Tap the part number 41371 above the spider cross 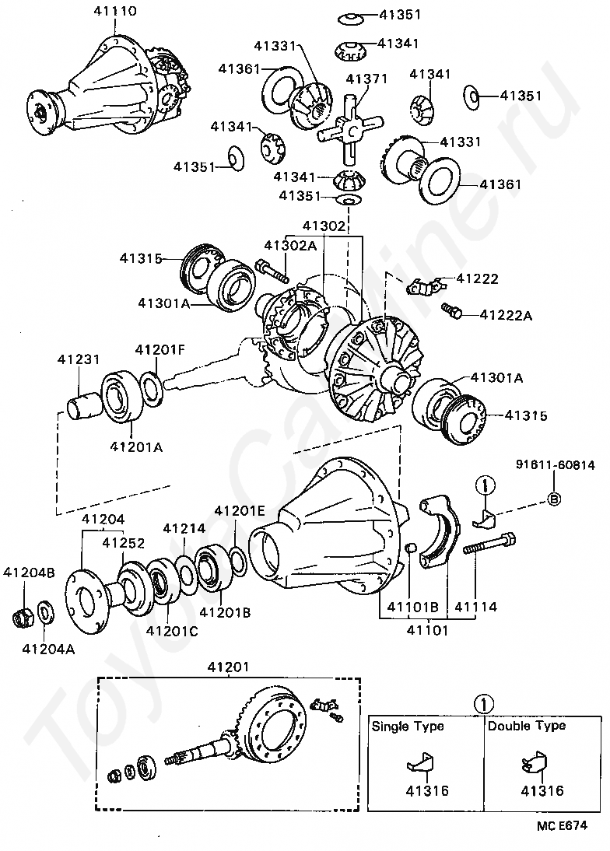[366, 79]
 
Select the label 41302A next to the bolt [289, 246]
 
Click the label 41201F [160, 349]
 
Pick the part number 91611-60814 [555, 466]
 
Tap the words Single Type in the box [408, 726]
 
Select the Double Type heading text [527, 726]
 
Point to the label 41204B [29, 573]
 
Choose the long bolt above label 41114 [490, 544]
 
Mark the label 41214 [184, 528]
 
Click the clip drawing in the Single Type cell [421, 763]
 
